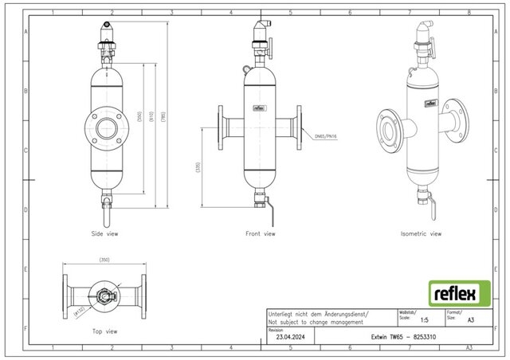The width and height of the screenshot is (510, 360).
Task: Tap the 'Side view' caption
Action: point(106,235)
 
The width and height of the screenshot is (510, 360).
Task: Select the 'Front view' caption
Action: point(260,235)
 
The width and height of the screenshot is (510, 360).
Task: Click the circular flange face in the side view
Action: point(106,127)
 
